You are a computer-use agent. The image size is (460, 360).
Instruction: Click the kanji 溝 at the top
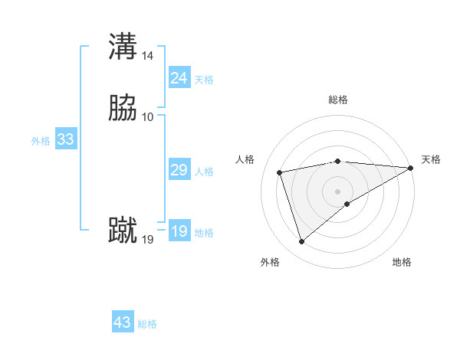[x=123, y=46]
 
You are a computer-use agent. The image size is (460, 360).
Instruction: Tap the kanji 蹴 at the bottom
[x=123, y=231]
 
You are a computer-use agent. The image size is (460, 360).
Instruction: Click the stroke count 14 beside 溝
[x=148, y=56]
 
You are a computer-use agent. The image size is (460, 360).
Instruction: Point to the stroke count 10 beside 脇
[x=148, y=117]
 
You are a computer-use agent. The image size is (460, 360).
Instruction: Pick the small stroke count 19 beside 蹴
[x=148, y=240]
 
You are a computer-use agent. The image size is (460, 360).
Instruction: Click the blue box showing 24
[x=179, y=78]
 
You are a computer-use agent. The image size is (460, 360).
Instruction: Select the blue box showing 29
[x=179, y=170]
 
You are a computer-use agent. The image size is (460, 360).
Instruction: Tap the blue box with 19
[x=179, y=231]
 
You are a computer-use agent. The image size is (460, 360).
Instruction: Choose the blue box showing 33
[x=65, y=139]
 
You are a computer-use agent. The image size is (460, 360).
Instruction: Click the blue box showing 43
[x=123, y=322]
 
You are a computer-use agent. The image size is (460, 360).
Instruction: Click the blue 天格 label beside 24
[x=204, y=80]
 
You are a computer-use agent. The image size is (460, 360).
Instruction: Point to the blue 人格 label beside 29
[x=204, y=172]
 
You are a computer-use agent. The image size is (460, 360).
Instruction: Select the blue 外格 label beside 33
[x=41, y=141]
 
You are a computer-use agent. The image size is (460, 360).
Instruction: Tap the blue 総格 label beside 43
[x=147, y=324]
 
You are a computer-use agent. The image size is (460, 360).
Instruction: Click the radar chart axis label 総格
[x=338, y=100]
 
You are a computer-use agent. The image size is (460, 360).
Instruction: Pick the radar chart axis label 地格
[x=402, y=262]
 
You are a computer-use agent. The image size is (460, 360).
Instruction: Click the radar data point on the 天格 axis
[x=411, y=168]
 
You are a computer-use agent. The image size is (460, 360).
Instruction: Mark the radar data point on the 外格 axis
[x=301, y=242]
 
